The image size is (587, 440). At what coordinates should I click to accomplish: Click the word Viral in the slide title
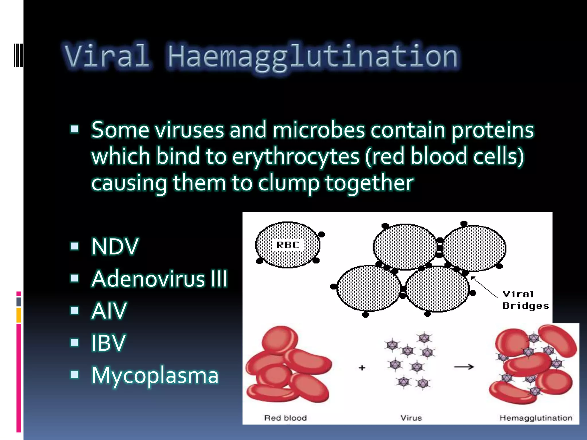coord(107,56)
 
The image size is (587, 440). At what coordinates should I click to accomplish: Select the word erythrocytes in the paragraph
coord(296,157)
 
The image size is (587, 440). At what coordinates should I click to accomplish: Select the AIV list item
coord(109,311)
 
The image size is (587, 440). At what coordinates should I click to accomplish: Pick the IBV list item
coord(108,343)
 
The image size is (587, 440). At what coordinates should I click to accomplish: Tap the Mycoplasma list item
coord(155,375)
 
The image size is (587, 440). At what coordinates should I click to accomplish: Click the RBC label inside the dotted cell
coord(288,245)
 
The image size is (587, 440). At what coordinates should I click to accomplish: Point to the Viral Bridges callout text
coord(525,300)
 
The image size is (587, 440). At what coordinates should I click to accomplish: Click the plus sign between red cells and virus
coord(362,368)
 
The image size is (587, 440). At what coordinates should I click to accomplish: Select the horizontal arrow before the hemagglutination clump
coord(464,367)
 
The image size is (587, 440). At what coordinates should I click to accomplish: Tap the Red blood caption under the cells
coord(285,418)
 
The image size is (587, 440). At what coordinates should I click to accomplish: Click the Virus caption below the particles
coord(411,418)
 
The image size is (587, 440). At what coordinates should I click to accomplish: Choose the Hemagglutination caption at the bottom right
coord(536,418)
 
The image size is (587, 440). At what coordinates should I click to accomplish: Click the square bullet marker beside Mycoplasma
coord(75,374)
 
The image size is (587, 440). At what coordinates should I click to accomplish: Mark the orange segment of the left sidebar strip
coord(19,315)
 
